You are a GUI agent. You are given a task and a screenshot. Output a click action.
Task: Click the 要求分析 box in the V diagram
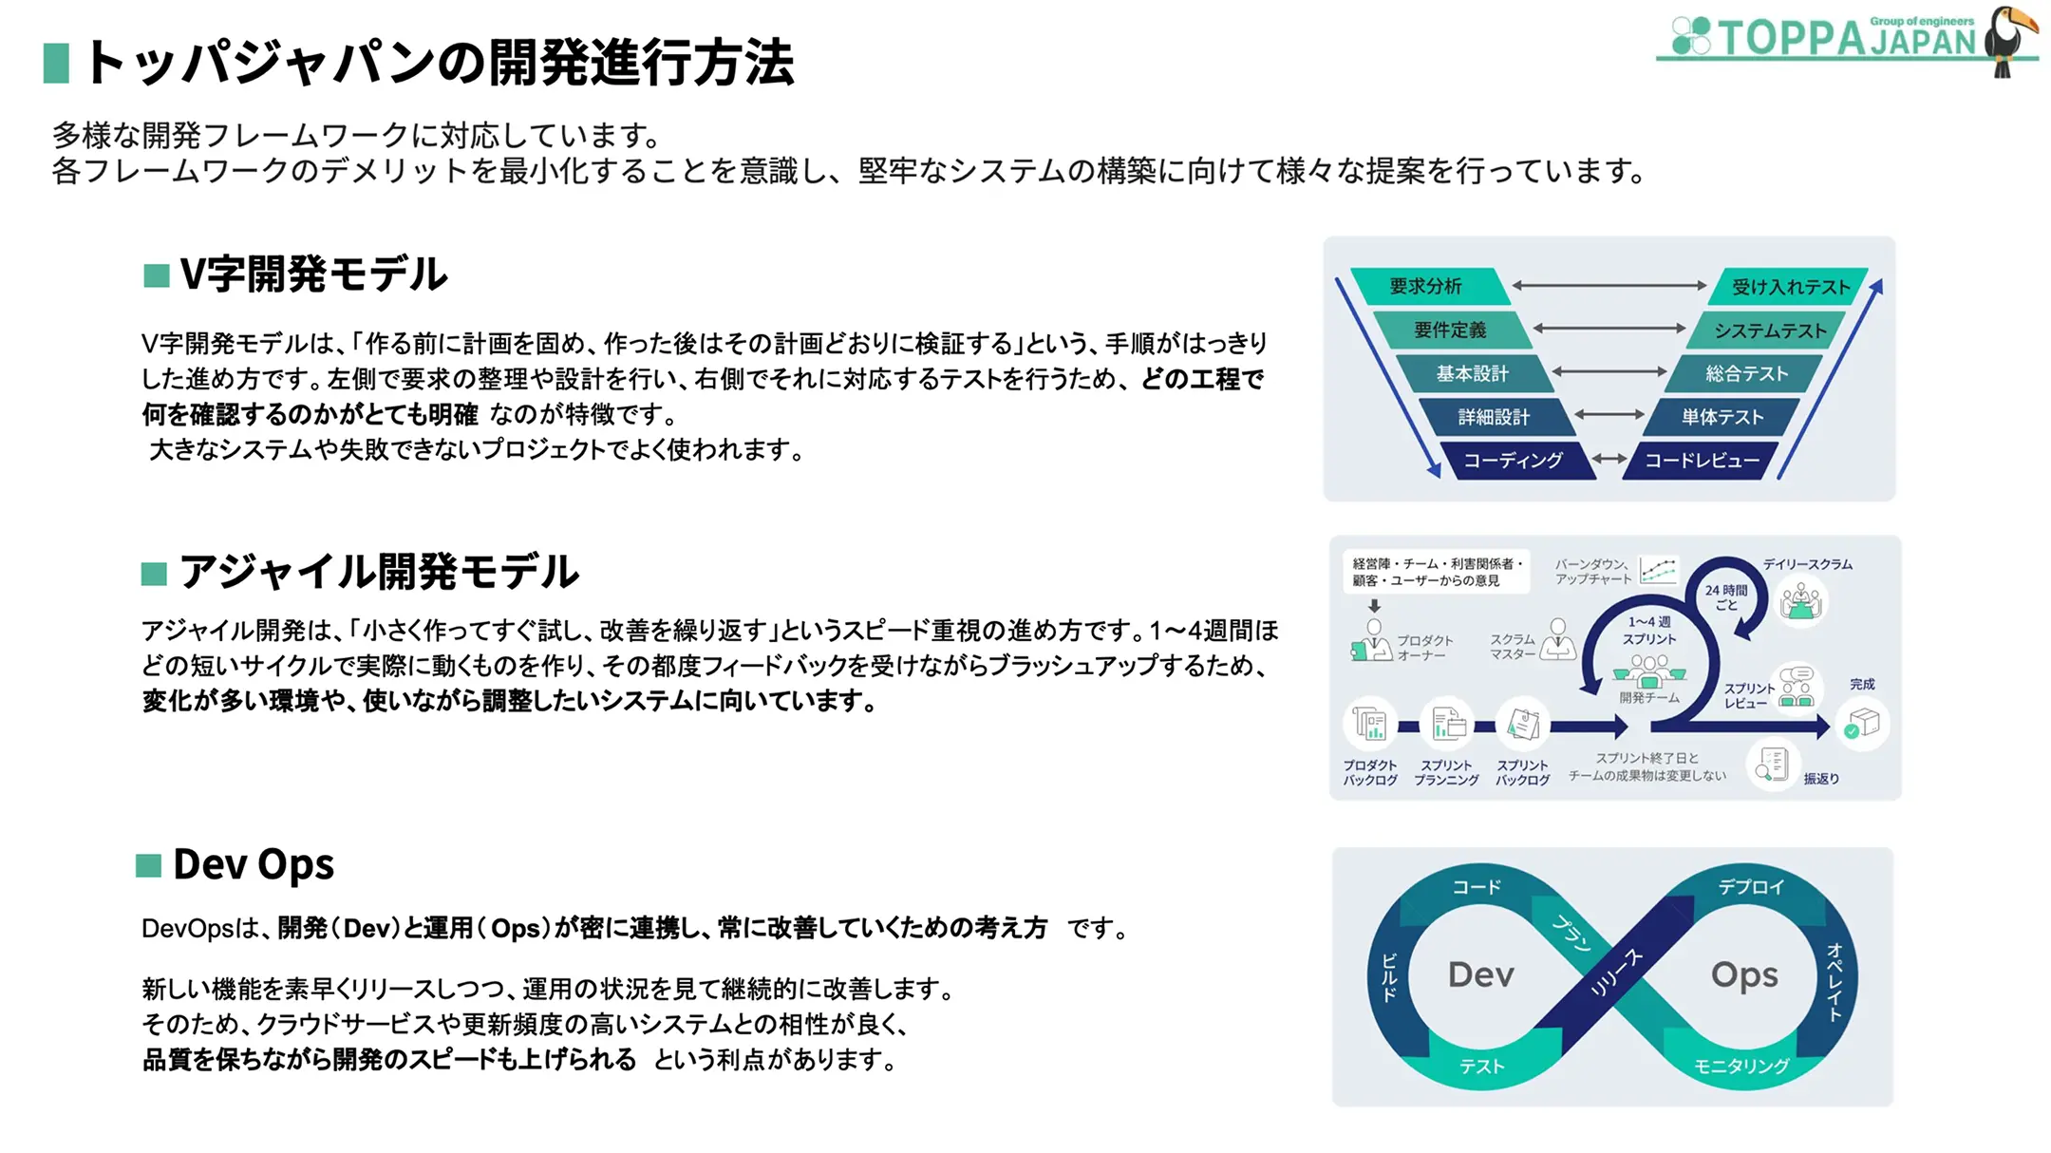[x=1425, y=286]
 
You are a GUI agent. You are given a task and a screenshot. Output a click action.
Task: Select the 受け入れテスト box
[x=1790, y=287]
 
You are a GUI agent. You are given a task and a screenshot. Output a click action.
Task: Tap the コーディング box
[x=1513, y=461]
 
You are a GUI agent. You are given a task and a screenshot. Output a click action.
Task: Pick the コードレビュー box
[x=1702, y=461]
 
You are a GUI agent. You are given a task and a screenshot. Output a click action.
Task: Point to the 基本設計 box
[x=1472, y=373]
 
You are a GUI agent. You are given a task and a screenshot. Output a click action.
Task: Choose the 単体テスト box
[x=1722, y=417]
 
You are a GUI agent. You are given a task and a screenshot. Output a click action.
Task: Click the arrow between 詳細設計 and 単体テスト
[x=1609, y=414]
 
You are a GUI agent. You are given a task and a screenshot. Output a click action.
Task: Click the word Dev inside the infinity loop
[x=1480, y=974]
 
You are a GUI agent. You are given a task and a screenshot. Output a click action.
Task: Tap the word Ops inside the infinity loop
[x=1744, y=974]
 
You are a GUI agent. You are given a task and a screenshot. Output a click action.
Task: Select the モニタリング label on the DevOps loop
[x=1741, y=1067]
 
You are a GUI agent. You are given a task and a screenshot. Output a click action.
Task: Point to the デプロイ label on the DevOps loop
[x=1751, y=887]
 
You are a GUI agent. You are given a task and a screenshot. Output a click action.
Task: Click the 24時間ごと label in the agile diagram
[x=1725, y=597]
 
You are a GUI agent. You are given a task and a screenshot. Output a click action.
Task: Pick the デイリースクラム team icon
[x=1800, y=602]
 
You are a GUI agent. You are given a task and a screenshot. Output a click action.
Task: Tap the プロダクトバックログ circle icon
[x=1370, y=725]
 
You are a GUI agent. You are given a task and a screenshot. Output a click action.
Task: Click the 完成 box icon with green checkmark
[x=1862, y=725]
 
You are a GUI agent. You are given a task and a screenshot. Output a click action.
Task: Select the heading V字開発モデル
[x=313, y=274]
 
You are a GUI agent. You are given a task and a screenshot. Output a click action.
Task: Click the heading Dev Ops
[x=254, y=865]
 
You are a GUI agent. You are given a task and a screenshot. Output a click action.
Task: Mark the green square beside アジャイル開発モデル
[x=154, y=574]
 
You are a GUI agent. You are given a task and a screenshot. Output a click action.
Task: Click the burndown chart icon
[x=1658, y=570]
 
